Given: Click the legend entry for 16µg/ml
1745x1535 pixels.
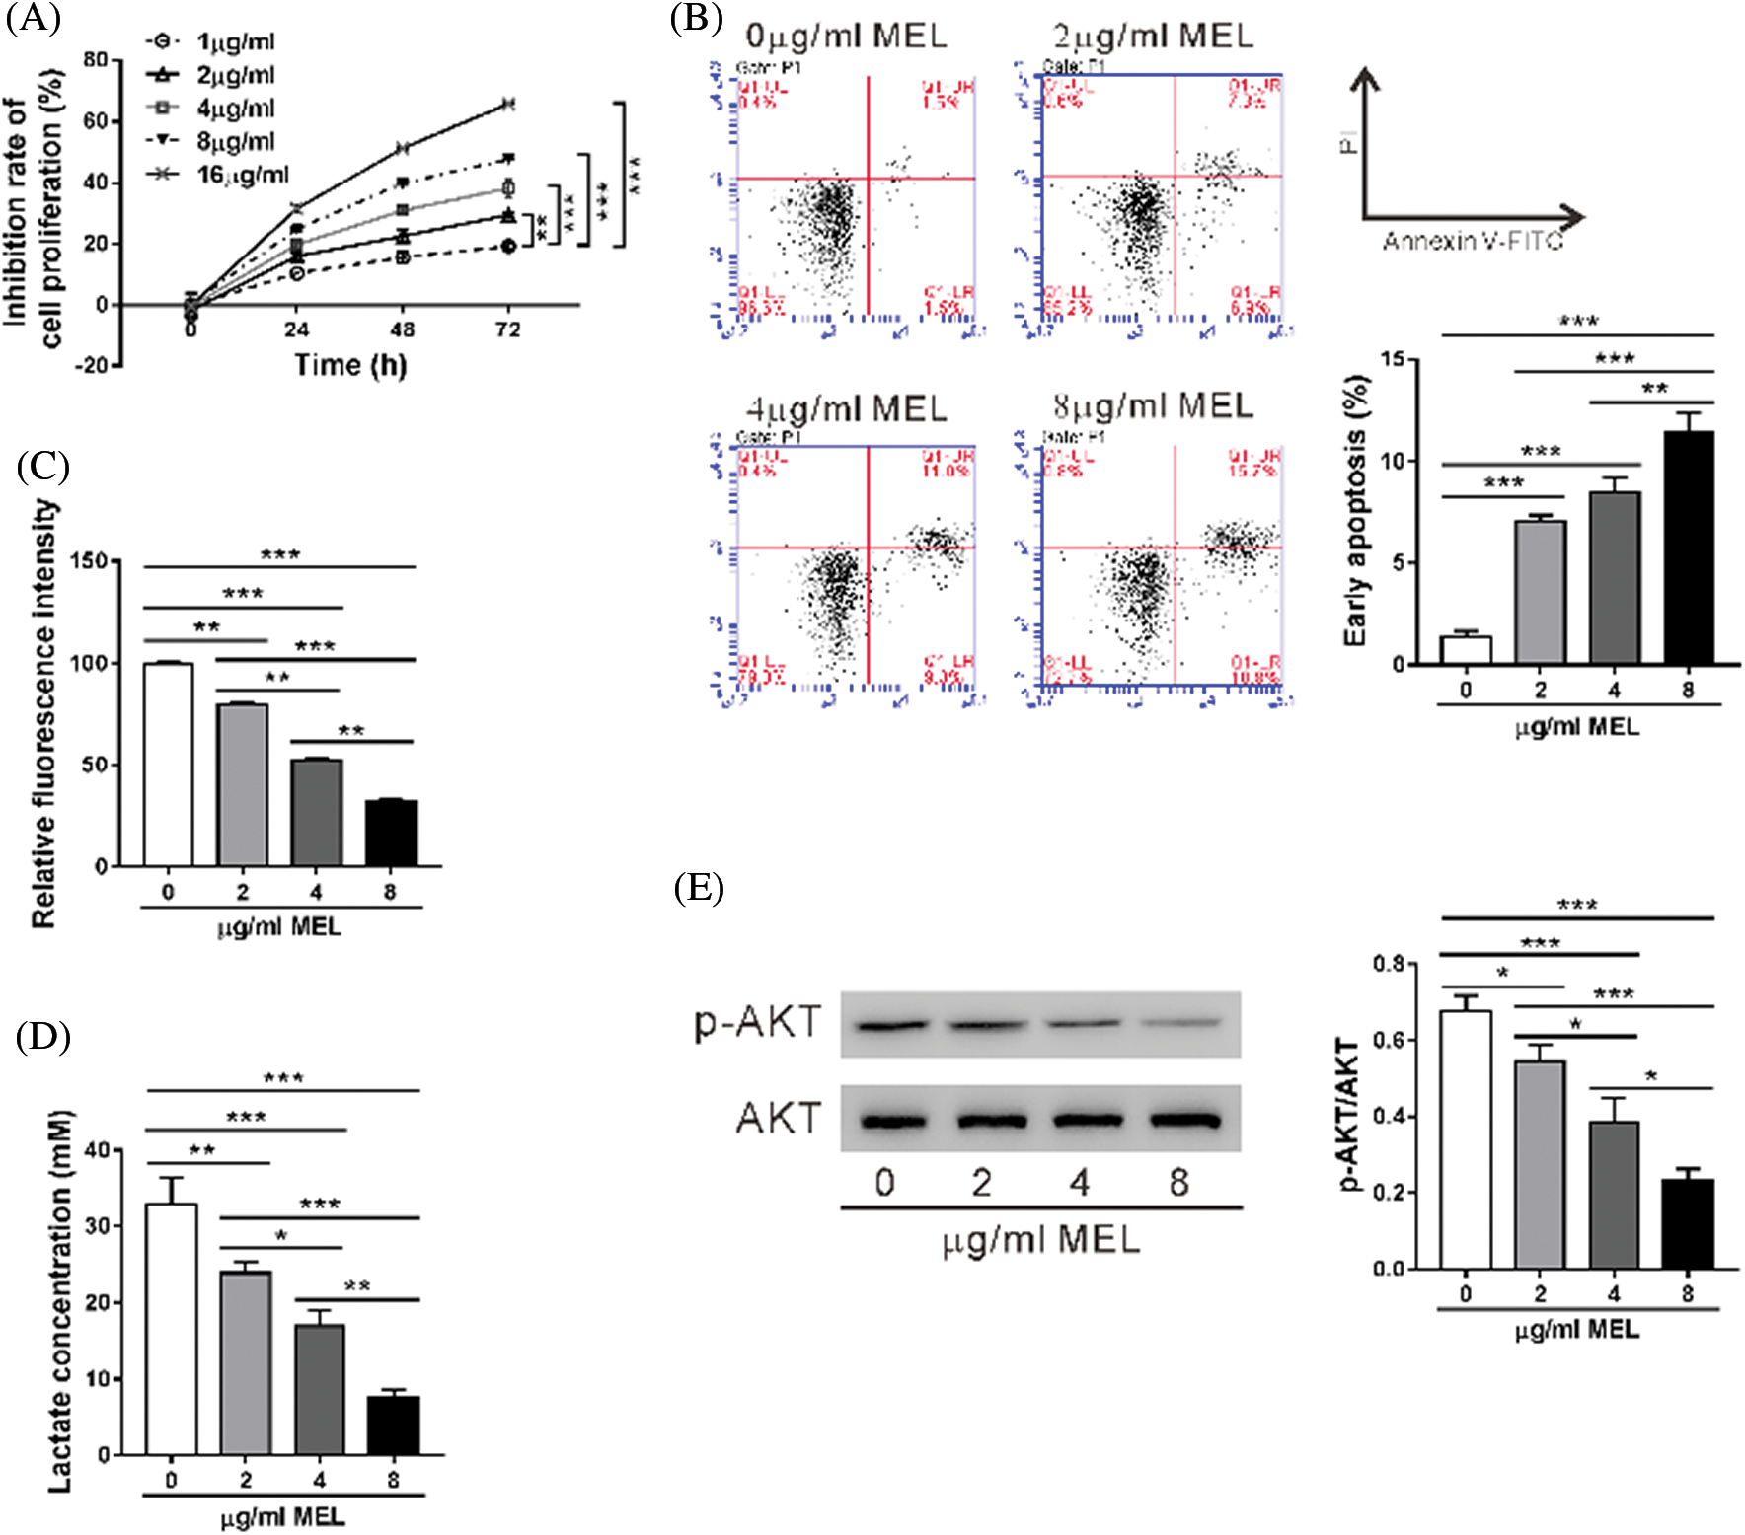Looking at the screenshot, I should point(242,175).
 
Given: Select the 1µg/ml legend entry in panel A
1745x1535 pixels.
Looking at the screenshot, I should point(235,42).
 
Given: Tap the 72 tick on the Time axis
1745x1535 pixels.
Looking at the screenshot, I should point(507,329).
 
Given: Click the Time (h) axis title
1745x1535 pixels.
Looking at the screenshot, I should point(350,366).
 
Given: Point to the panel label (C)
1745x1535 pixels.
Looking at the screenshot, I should point(42,466).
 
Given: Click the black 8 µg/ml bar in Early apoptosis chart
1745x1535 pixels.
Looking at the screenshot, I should point(1688,548).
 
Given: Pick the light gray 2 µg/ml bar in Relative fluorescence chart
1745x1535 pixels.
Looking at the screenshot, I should point(243,784).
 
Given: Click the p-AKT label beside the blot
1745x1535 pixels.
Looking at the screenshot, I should point(758,1022).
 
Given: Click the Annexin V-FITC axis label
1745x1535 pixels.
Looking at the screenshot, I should point(1473,242).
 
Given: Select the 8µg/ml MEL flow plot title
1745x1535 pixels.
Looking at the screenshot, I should point(1153,405).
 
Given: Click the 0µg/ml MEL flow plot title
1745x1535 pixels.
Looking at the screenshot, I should point(846,37).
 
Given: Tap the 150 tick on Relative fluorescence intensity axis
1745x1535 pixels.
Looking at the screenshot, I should point(90,561).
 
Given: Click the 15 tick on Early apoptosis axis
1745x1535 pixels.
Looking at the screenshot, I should point(1393,359).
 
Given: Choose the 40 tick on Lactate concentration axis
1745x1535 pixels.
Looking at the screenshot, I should point(98,1150).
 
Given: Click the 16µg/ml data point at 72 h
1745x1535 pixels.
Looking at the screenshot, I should point(507,104).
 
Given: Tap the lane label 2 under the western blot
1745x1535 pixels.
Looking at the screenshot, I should point(981,1182).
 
